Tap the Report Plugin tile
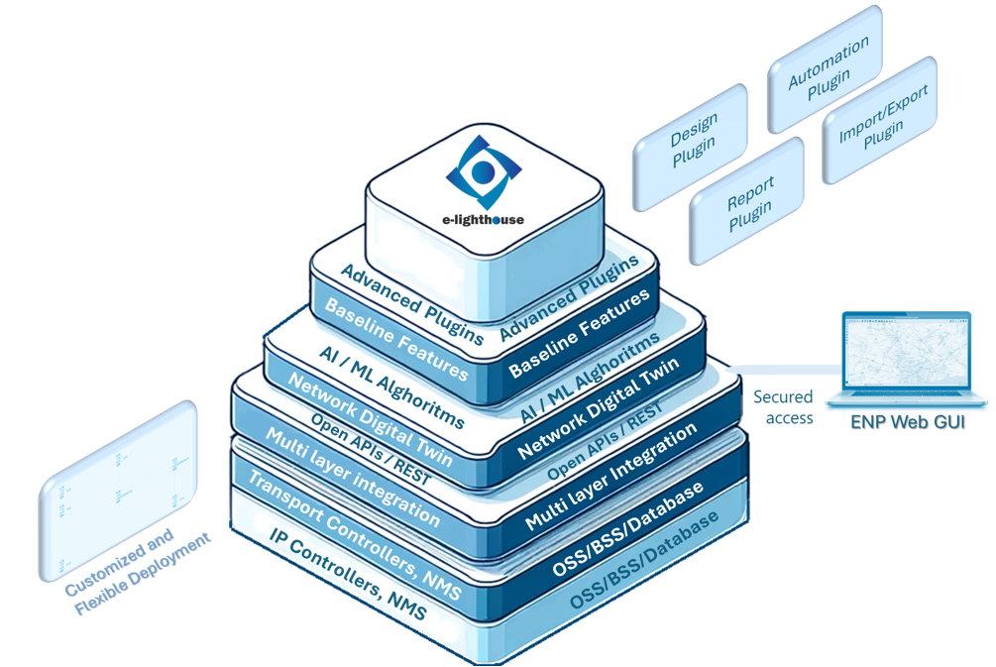[x=748, y=205]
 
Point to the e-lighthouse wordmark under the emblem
[x=484, y=219]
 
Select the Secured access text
[x=783, y=407]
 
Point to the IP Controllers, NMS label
[x=347, y=574]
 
